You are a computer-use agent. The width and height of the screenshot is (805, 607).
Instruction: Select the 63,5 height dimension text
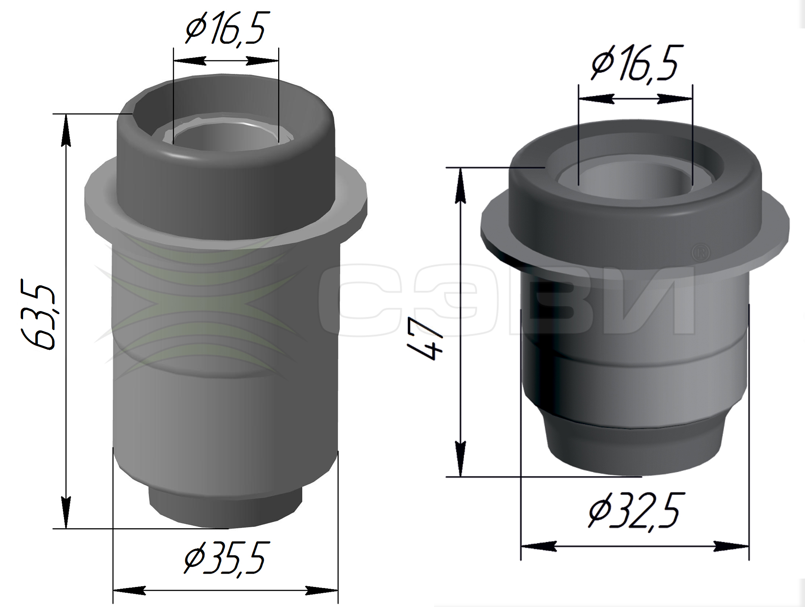pyautogui.click(x=39, y=315)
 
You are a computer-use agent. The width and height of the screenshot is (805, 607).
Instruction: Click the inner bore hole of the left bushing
pyautogui.click(x=225, y=136)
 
